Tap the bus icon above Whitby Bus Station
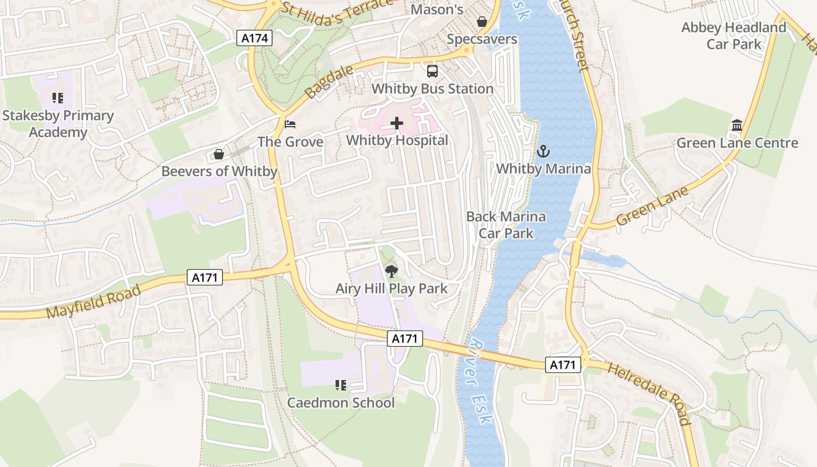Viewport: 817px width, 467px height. pyautogui.click(x=432, y=71)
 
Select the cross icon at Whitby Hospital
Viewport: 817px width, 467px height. pyautogui.click(x=397, y=123)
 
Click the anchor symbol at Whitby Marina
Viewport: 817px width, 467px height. pyautogui.click(x=543, y=151)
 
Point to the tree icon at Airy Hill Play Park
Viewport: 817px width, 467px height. pyautogui.click(x=392, y=271)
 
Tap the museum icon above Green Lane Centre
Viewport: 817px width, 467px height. pyautogui.click(x=736, y=126)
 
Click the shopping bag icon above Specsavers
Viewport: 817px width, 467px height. pyautogui.click(x=482, y=22)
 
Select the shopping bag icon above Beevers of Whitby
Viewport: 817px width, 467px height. pyautogui.click(x=219, y=154)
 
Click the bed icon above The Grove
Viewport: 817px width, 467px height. pyautogui.click(x=290, y=124)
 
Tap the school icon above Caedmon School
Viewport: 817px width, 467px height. pyautogui.click(x=341, y=385)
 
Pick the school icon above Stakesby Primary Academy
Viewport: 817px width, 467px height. pyautogui.click(x=57, y=97)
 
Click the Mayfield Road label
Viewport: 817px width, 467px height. pyautogui.click(x=93, y=302)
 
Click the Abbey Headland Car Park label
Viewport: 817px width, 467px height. pyautogui.click(x=734, y=36)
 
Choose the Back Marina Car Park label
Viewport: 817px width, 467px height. pyautogui.click(x=506, y=225)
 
